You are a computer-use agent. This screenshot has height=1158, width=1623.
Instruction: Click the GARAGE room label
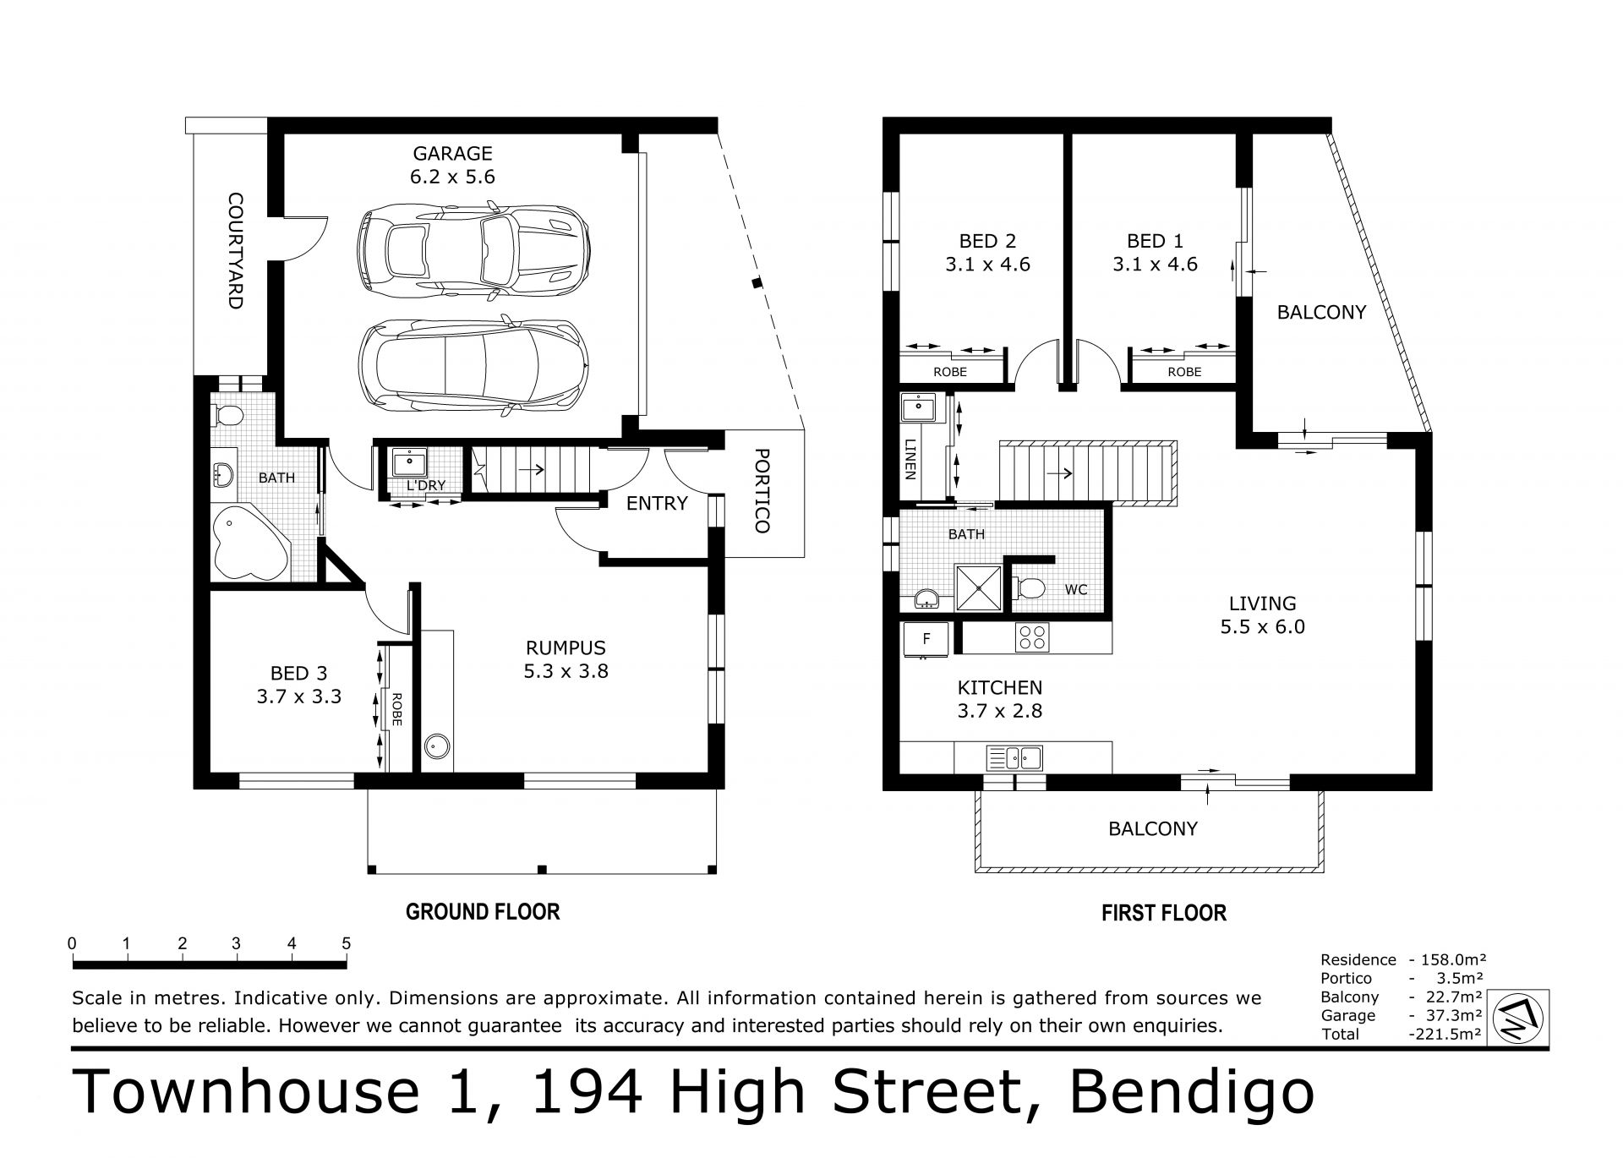point(452,154)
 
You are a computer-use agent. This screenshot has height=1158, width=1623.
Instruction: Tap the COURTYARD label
point(235,251)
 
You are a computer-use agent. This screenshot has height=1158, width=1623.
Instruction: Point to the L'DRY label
point(426,486)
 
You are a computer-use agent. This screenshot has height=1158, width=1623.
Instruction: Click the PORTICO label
point(761,490)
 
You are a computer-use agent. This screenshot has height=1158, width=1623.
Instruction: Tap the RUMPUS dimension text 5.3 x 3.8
point(566,672)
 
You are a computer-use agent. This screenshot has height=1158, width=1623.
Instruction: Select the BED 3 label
point(298,674)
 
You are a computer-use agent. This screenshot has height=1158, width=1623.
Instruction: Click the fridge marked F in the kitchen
point(926,640)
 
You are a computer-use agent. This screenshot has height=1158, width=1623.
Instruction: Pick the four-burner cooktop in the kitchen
point(1031,636)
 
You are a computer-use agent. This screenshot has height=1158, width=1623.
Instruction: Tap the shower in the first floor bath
point(978,587)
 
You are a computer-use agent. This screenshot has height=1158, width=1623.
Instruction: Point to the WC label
point(1076,590)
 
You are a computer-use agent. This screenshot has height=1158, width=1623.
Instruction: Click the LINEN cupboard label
point(910,459)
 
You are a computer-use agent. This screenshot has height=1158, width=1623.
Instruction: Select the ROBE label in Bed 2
point(949,372)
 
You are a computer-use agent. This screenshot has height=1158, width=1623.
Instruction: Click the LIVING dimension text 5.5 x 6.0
point(1263,627)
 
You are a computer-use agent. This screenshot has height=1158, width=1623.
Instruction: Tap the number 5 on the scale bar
point(347,944)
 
